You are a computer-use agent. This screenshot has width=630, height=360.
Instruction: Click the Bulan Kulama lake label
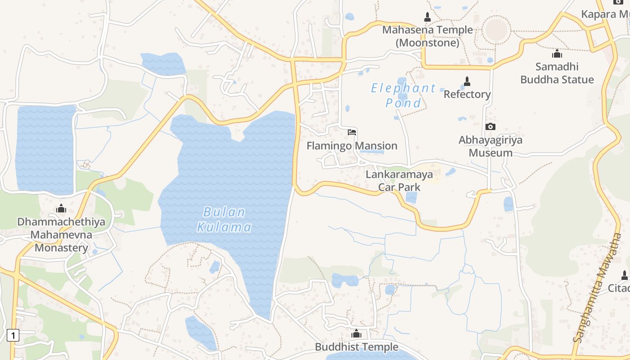pos(224,219)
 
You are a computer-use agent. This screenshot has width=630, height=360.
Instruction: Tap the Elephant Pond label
pos(403,95)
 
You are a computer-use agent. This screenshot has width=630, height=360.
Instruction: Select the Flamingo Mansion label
pos(352,146)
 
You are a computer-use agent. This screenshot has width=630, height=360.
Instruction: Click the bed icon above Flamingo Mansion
pos(352,132)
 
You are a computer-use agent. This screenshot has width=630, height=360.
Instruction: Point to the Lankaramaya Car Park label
pos(399,180)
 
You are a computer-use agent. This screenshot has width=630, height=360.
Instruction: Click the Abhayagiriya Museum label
pos(490,146)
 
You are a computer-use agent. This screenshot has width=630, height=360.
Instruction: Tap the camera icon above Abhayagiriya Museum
pos(490,127)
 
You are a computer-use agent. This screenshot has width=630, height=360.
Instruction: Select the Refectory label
pos(467,94)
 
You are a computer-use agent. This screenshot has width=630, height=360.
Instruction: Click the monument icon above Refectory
pos(467,81)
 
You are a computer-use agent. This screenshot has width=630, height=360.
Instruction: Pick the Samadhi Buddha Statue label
pos(557,73)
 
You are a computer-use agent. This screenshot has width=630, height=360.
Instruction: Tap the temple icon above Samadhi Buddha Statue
pos(557,54)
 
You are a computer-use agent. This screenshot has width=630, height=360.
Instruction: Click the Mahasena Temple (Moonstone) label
pos(427,36)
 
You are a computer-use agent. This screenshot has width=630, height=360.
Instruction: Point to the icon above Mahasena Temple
pos(427,17)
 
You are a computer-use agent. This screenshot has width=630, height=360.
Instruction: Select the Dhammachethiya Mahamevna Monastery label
pos(61,234)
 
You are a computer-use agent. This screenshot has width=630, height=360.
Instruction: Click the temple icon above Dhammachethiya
pos(61,208)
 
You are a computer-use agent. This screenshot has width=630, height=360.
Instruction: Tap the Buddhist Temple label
pos(356,347)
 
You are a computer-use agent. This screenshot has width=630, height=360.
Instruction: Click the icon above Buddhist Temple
pos(356,333)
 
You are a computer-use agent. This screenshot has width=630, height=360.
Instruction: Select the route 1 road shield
pos(14,335)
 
